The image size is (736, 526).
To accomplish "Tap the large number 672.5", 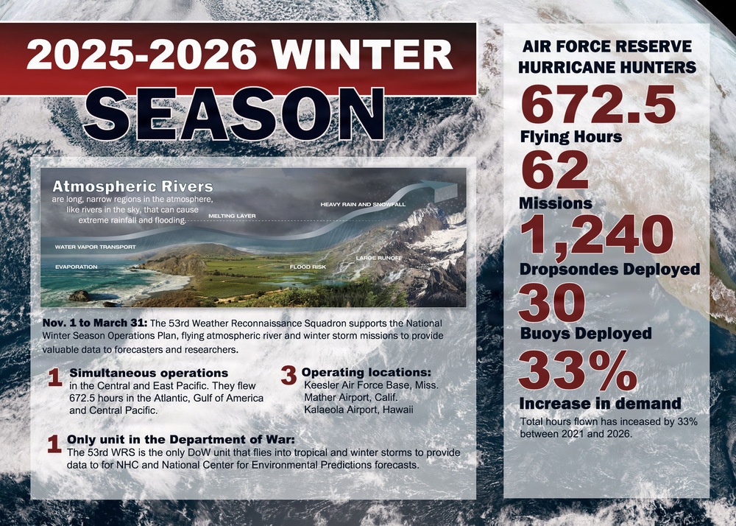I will pos(598,104).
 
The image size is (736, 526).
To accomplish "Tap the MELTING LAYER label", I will pos(232,216).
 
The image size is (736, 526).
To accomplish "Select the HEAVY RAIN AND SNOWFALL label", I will pos(363,203).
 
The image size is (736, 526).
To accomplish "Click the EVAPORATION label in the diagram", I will pos(76,266).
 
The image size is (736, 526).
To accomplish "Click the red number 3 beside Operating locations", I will pos(289,374).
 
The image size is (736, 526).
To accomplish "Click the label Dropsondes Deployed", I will pos(609,269).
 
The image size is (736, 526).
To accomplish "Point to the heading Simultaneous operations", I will pos(148,373).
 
